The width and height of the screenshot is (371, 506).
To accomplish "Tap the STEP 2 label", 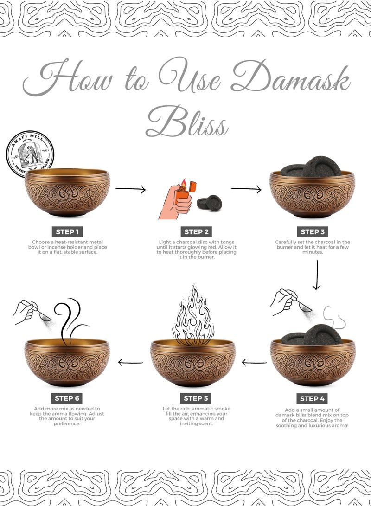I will [x=196, y=232].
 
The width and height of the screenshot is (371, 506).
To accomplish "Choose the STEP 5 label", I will [x=196, y=398].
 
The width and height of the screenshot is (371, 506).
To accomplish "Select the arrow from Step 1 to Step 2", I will [x=130, y=189].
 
